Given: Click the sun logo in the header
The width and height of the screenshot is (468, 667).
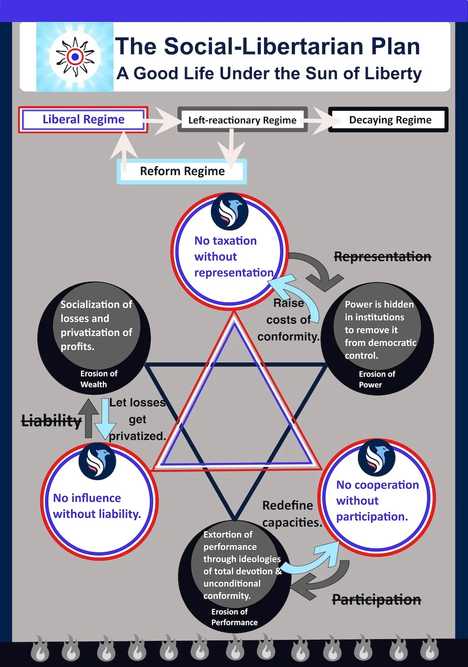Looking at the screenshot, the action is [75, 56].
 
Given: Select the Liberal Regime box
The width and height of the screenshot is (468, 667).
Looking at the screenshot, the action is [83, 120].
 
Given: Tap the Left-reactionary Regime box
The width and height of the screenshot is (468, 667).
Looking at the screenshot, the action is [243, 120].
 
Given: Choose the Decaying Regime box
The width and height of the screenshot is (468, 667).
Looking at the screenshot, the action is [388, 120].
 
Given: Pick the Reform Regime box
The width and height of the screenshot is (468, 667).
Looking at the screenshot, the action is [182, 171].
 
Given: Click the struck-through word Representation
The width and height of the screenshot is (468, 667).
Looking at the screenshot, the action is [382, 257].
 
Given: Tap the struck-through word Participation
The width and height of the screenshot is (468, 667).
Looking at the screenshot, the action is [377, 599].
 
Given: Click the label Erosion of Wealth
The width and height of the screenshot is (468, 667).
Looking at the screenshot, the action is [99, 379].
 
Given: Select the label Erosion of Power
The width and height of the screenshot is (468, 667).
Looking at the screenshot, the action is [377, 379].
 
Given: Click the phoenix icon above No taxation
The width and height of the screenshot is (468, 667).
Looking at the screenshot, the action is [230, 212].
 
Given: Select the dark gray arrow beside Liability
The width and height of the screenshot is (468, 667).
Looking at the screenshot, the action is [88, 419].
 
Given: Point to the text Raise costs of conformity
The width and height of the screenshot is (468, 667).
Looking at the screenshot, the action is [289, 320].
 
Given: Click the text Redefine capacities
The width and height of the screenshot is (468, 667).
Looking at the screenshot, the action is [292, 514].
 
